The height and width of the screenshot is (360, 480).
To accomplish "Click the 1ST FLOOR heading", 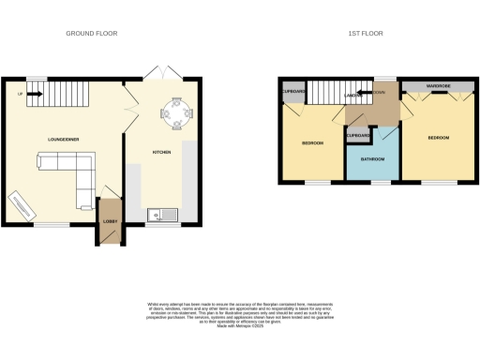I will [x=366, y=33].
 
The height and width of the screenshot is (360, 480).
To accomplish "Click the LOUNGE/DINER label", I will [x=64, y=140].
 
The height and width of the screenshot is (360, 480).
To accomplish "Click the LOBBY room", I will [x=109, y=222].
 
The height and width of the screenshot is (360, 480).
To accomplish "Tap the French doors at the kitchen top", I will [x=162, y=74].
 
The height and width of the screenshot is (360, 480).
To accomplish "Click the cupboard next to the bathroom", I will [x=358, y=137].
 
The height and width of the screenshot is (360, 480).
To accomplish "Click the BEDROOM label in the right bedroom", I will [x=438, y=138].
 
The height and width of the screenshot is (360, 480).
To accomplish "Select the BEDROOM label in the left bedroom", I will [x=312, y=142].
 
